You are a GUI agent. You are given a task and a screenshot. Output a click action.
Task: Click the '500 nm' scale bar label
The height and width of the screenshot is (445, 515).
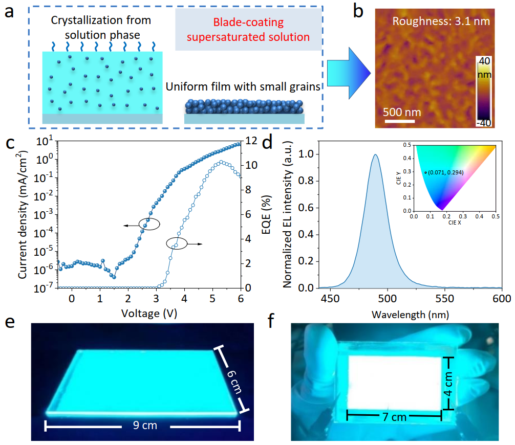pos(399,112)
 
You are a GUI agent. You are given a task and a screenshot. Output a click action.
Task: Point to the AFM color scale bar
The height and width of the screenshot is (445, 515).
pos(484,92)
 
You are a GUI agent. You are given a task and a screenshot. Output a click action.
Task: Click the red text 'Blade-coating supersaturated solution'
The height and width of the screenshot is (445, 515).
pos(248,30)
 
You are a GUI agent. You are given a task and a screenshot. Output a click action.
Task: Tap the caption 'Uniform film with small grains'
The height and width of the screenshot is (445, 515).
pos(243,86)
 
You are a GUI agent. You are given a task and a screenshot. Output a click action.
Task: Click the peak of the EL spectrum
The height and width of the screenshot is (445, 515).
pos(376,154)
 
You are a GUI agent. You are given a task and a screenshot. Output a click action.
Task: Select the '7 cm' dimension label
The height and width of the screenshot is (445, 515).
pos(394,417)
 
